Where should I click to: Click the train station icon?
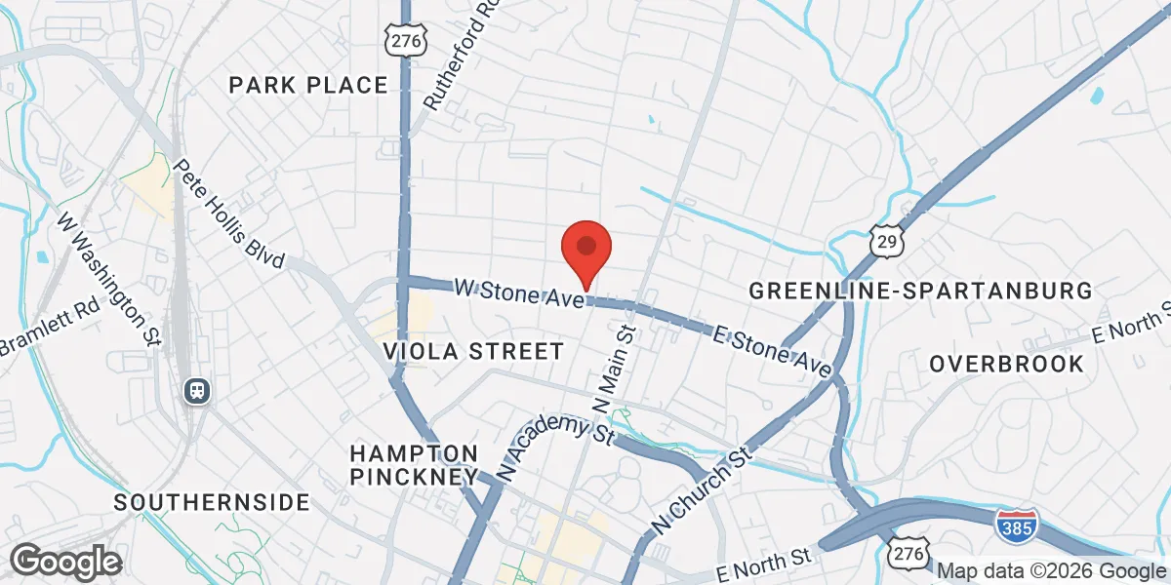[x=197, y=390]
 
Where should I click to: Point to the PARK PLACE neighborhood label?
[x=308, y=86]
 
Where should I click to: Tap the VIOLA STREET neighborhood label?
[x=473, y=351]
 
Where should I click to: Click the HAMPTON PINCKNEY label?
[x=414, y=465]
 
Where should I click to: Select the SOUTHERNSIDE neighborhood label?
[x=212, y=503]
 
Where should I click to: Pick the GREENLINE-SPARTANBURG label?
[x=919, y=291]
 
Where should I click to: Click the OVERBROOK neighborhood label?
[x=1006, y=365]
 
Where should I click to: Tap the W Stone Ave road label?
[x=520, y=292]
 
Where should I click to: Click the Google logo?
[x=65, y=562]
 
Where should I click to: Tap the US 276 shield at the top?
[x=403, y=39]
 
